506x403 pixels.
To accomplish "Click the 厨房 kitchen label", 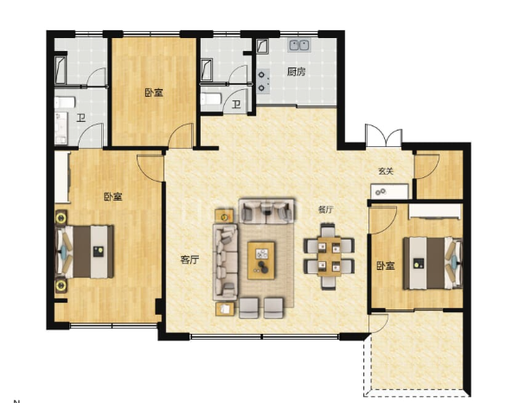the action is [296, 71].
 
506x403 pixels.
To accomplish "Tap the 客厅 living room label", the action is [189, 259].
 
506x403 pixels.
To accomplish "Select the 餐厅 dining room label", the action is [325, 210].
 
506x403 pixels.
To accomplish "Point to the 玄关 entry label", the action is [386, 171].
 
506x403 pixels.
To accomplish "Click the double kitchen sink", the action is [299, 45].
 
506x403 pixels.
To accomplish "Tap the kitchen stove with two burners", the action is [263, 81].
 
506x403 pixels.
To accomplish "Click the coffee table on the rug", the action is [261, 260].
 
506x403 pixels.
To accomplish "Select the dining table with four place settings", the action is [330, 257].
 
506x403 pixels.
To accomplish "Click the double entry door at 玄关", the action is [384, 136].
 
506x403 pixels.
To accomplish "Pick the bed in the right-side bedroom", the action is [432, 263].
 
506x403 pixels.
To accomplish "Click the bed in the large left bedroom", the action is [85, 252].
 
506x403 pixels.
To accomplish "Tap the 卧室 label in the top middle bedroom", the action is [154, 93].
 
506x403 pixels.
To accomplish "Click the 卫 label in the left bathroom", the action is [81, 118].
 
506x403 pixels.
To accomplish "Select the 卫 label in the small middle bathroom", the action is [236, 105].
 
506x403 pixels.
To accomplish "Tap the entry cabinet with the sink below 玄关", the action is [389, 191].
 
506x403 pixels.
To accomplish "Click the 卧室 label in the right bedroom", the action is [386, 266].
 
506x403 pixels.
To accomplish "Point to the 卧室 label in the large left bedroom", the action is [113, 196].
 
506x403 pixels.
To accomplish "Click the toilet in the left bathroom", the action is [65, 103].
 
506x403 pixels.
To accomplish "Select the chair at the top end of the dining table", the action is [328, 230].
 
